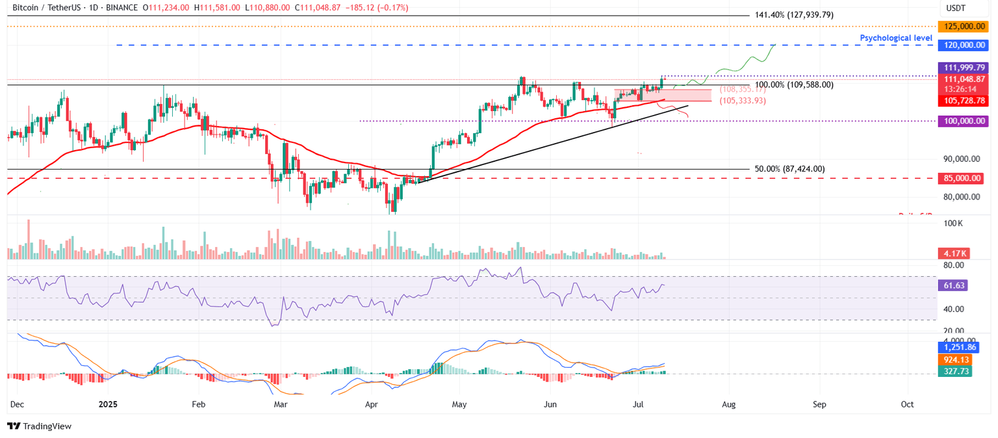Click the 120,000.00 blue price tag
(x=964, y=45)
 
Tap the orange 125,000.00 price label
(x=964, y=27)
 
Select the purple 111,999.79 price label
(x=964, y=68)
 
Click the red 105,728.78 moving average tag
(x=964, y=101)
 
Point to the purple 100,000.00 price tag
(x=964, y=121)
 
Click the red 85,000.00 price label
(x=964, y=177)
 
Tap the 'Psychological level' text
(x=896, y=38)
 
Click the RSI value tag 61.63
(x=954, y=286)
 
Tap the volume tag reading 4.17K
(x=954, y=253)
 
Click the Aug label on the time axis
(x=728, y=404)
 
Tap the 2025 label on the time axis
(x=108, y=404)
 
